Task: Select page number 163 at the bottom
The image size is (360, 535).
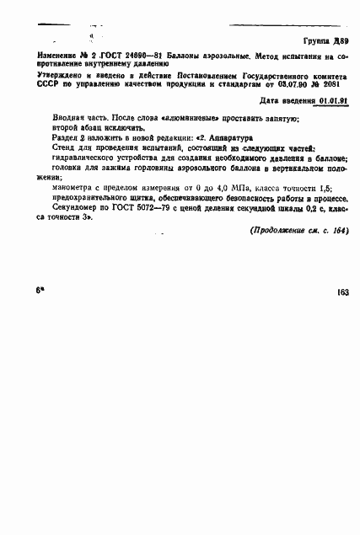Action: pos(342,292)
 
